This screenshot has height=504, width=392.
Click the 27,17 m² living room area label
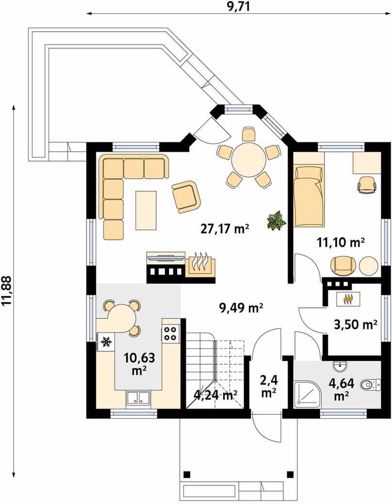(225, 229)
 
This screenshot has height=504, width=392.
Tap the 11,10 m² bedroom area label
(341, 242)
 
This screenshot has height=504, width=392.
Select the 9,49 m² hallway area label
(242, 308)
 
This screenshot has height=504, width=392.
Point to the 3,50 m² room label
(356, 325)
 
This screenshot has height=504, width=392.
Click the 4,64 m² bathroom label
(342, 389)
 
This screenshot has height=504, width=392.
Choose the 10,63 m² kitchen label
(139, 363)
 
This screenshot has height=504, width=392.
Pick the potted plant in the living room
(276, 220)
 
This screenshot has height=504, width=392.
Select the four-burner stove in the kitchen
(170, 333)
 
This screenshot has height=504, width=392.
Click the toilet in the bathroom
(371, 383)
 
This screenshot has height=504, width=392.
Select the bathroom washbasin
(340, 365)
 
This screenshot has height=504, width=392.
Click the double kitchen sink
(138, 398)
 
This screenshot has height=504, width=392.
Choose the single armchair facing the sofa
(186, 196)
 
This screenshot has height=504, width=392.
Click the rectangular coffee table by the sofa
(147, 210)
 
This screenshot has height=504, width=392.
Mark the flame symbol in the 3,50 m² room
(347, 299)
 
